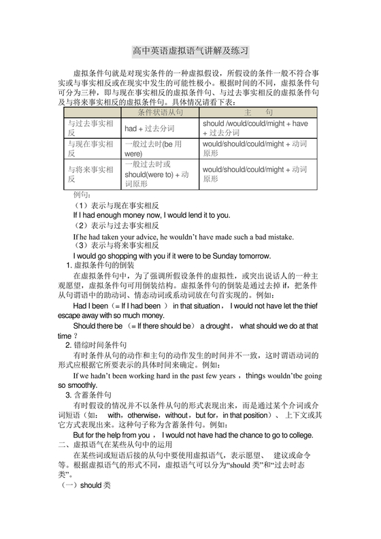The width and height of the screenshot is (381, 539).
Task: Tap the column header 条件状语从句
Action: [160, 111]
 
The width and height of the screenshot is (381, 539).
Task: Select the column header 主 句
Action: [258, 111]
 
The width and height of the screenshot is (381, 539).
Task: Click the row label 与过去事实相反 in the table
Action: [90, 128]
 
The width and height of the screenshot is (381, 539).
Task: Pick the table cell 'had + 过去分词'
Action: [149, 128]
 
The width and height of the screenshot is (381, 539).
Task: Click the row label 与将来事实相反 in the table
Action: [90, 174]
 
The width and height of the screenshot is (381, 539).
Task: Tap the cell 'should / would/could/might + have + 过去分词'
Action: [255, 128]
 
